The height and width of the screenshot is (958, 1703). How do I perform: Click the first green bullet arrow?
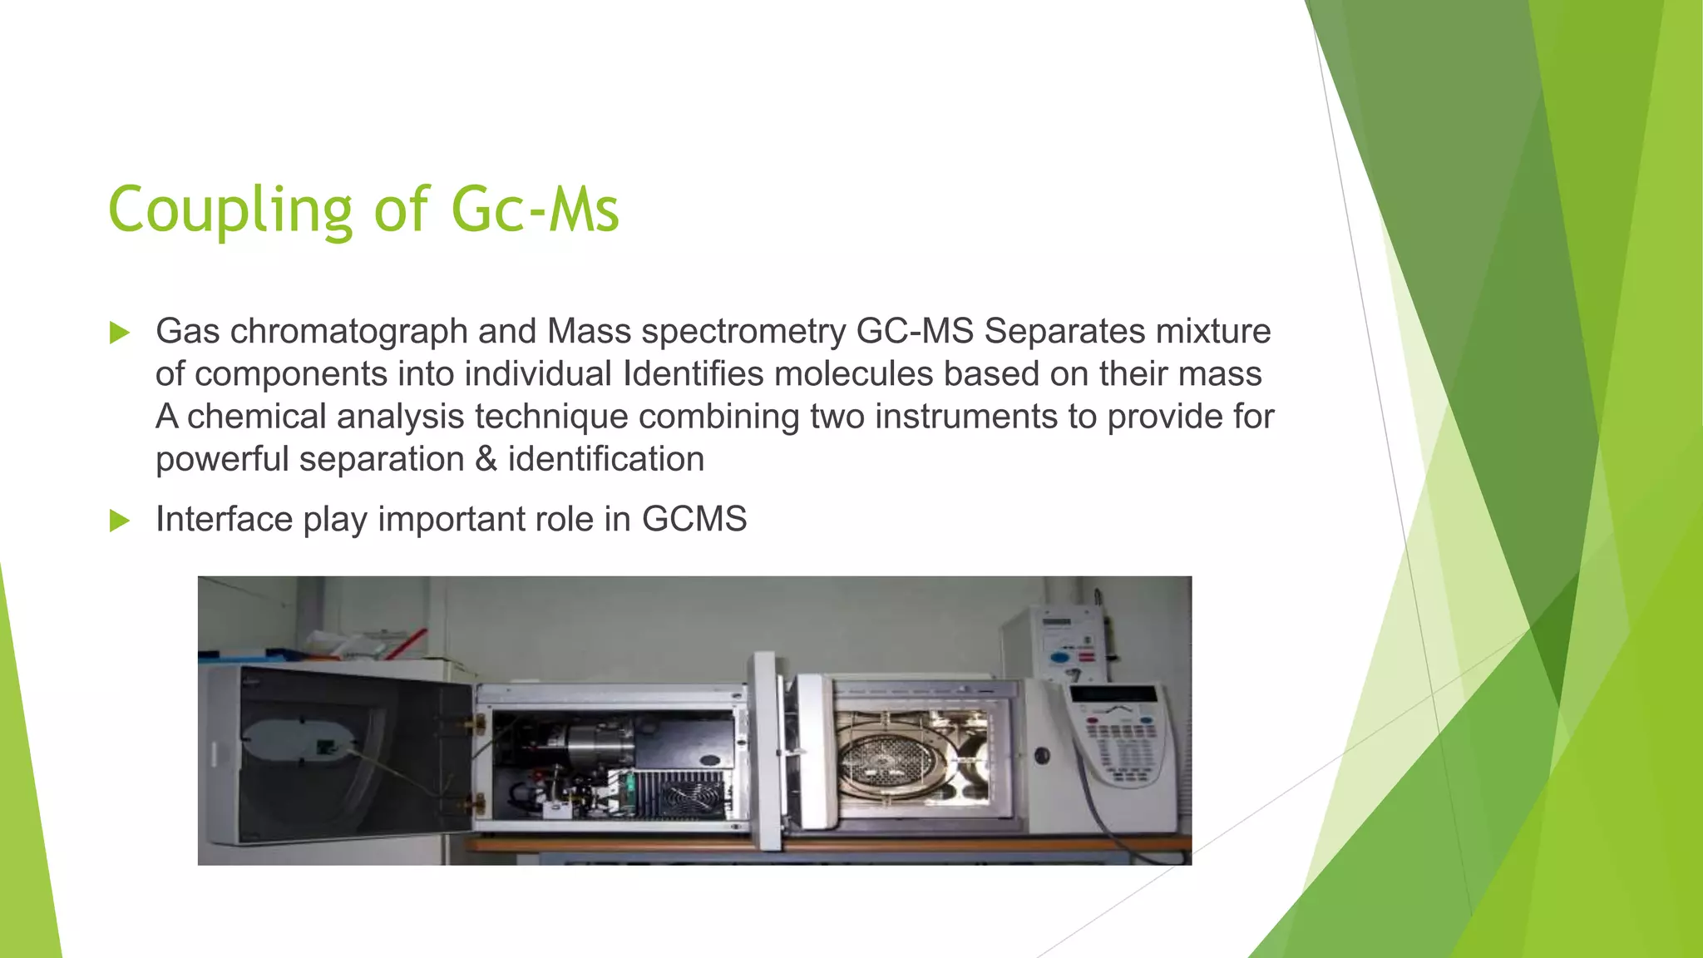point(120,333)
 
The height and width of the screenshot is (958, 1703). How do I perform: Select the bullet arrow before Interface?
point(120,521)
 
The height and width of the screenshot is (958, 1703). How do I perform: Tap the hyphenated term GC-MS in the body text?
point(915,331)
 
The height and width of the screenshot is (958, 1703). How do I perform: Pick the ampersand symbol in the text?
point(486,459)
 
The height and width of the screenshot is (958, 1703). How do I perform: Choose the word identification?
point(606,459)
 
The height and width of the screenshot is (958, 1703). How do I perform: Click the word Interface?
point(224,519)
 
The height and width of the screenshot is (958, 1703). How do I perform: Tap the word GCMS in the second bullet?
point(694,519)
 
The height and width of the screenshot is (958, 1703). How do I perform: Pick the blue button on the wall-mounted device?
point(1059,657)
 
